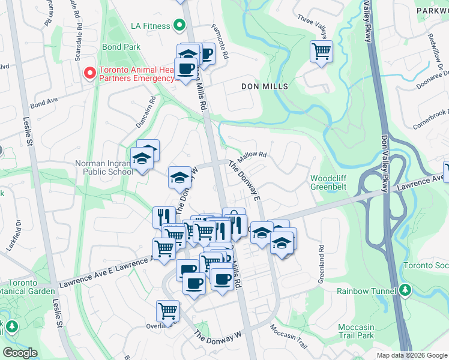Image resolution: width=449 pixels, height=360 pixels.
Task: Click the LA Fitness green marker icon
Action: [178, 25]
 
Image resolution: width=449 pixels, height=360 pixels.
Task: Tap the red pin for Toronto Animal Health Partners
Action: [90, 73]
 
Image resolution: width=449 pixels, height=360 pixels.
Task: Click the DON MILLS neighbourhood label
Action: [265, 86]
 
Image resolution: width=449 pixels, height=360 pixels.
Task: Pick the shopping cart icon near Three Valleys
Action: [321, 51]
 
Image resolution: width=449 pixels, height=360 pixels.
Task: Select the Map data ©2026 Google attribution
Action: [411, 355]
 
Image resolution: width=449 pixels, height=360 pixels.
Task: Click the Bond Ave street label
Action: [42, 104]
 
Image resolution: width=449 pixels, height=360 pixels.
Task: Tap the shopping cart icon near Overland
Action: [167, 311]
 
